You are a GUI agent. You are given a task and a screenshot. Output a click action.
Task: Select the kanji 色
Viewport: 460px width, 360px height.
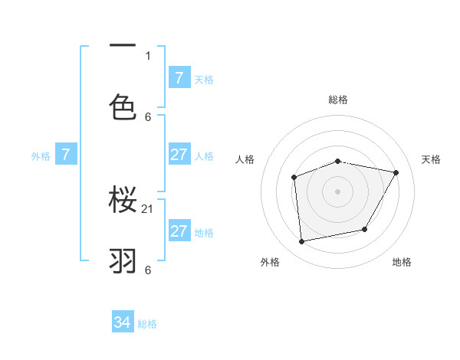coord(123,107)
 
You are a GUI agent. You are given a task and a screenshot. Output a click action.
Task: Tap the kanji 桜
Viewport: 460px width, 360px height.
coord(123,201)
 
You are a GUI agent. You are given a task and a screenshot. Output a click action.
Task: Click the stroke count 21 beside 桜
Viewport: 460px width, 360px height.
coord(148,209)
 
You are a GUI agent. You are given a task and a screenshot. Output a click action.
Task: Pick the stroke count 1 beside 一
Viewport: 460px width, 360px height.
coord(148,55)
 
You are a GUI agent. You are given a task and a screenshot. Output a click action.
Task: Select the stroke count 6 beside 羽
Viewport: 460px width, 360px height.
coord(148,270)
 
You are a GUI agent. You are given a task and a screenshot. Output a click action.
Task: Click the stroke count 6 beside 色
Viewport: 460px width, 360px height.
coord(148,116)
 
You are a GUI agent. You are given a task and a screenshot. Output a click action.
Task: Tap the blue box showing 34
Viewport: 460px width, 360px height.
coord(123,322)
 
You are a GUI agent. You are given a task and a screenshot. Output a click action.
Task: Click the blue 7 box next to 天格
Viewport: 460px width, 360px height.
coord(179,77)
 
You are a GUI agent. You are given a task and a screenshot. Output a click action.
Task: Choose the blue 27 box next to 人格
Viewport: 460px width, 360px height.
coord(179,155)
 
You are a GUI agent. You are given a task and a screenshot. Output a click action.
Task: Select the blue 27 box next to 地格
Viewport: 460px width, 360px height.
coord(179,231)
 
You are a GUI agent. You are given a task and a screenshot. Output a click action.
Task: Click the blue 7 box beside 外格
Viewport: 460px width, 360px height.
coord(66,155)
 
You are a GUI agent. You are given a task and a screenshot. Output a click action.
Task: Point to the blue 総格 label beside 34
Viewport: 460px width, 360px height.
coord(147,324)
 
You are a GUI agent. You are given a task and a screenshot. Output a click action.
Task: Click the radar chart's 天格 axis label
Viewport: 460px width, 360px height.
coord(431,159)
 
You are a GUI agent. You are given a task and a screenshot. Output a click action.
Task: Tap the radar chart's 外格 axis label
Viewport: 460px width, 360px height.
coord(270,262)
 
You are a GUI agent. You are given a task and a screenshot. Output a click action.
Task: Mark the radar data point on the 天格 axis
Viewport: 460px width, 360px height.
coord(396,172)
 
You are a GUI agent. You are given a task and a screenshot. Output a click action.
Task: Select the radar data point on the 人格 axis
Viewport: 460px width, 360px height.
coord(294,178)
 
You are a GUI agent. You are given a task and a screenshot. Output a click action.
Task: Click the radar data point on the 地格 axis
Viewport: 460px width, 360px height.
coord(365,229)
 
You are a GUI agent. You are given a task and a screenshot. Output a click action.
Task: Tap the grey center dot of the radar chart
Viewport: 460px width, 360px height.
coord(337,191)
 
